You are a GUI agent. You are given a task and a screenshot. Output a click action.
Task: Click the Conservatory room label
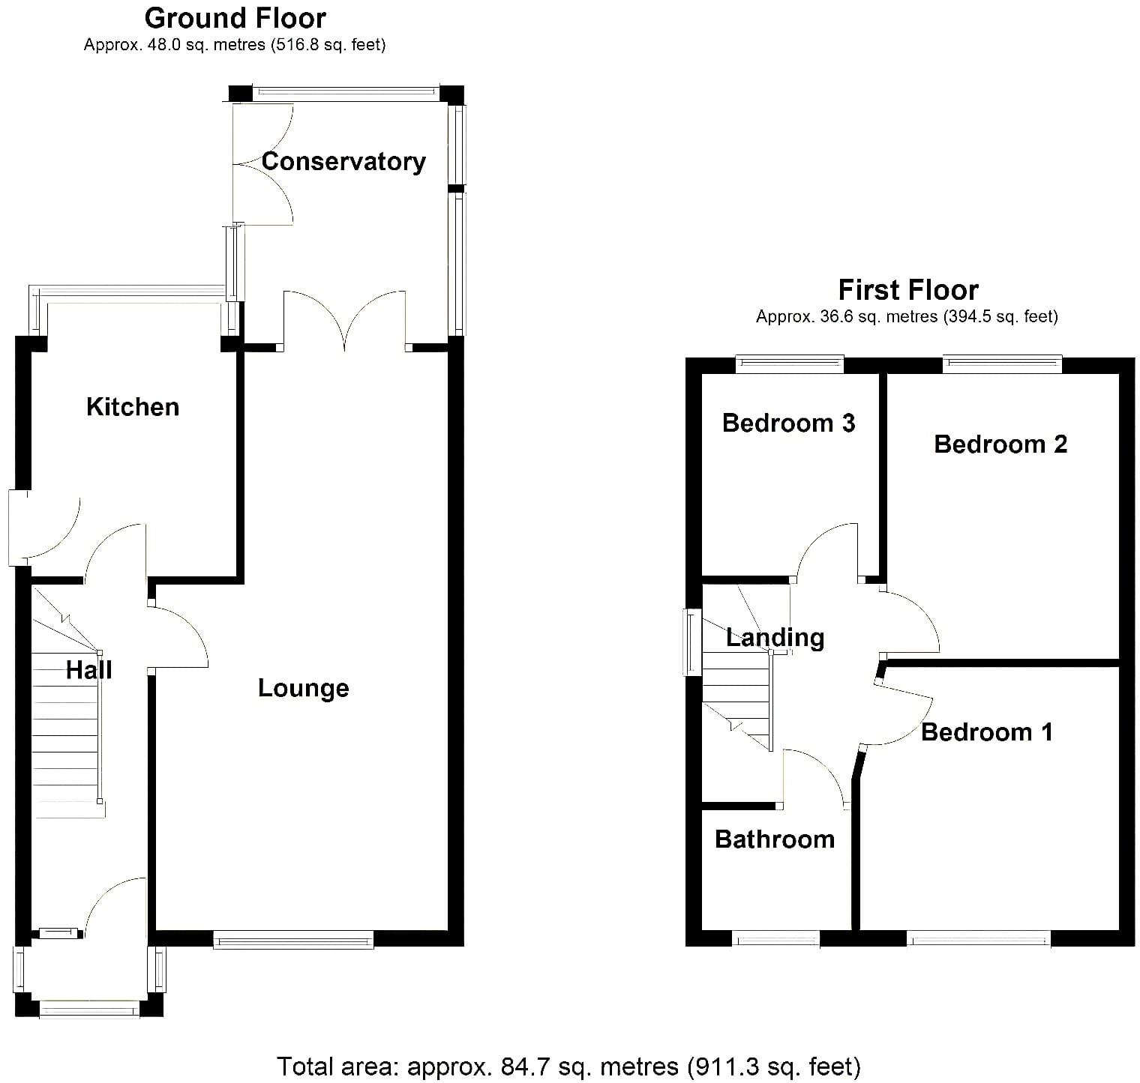click(x=343, y=162)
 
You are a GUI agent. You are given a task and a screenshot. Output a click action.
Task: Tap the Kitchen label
click(x=133, y=407)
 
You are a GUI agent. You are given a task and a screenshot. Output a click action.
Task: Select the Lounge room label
click(x=304, y=688)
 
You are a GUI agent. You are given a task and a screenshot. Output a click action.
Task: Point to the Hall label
click(x=89, y=670)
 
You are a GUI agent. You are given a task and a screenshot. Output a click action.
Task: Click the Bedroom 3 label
click(x=788, y=423)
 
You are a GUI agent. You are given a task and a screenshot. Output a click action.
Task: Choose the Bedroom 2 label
click(x=1000, y=444)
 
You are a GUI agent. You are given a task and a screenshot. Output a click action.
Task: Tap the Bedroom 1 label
click(x=987, y=732)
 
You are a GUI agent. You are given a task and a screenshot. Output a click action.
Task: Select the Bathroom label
click(x=775, y=839)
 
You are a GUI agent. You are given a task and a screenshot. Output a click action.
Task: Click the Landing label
click(x=775, y=638)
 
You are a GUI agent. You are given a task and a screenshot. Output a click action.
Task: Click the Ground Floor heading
click(x=235, y=18)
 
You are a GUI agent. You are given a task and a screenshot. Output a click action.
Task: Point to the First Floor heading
click(x=908, y=290)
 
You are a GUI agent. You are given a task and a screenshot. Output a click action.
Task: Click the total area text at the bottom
click(x=569, y=1067)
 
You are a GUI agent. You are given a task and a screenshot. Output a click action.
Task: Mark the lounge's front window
click(x=293, y=940)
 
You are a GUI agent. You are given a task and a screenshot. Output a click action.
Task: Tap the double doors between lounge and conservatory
click(x=345, y=322)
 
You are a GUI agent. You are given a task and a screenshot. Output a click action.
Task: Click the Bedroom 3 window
click(x=790, y=364)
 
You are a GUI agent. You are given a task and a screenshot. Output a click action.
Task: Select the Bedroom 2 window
click(x=1003, y=364)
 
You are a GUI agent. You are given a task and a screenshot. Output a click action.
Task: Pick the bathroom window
click(x=775, y=939)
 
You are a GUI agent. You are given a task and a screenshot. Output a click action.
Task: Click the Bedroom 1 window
click(x=979, y=939)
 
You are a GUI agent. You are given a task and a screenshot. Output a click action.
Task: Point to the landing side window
click(x=693, y=642)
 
